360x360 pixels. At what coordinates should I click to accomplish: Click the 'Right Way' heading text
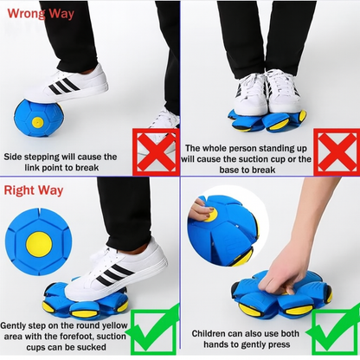[34, 190]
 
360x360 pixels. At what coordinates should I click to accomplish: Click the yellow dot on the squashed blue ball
[37, 122]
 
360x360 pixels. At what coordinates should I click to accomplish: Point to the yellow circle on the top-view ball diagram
[38, 245]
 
